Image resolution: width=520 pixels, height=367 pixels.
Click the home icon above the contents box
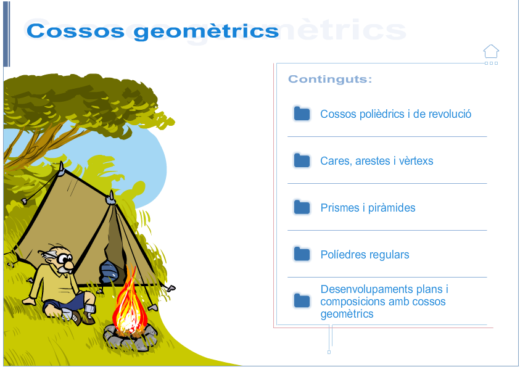tap(491, 51)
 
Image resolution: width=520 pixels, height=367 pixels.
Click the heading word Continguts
tap(329, 79)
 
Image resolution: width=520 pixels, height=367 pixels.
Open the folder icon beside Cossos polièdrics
tap(302, 113)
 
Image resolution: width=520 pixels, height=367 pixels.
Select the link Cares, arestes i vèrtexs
tap(377, 161)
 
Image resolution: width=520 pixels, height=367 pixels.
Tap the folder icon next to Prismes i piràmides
tap(302, 207)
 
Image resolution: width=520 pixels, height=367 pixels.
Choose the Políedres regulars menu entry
tap(365, 255)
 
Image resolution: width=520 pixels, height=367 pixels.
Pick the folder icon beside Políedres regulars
tap(302, 254)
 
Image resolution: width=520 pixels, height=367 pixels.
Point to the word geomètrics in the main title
tap(206, 31)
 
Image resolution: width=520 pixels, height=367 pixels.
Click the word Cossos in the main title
tap(76, 31)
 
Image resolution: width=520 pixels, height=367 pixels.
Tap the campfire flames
tap(130, 302)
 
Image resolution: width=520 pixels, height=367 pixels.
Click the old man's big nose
tap(69, 264)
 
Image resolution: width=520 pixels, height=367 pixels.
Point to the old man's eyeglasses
tap(63, 258)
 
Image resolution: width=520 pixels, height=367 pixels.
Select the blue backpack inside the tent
tap(109, 271)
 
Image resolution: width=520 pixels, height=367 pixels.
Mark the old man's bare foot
tap(29, 301)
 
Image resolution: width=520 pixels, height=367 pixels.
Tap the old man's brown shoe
tap(88, 317)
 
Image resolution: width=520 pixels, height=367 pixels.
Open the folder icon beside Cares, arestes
tap(302, 161)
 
